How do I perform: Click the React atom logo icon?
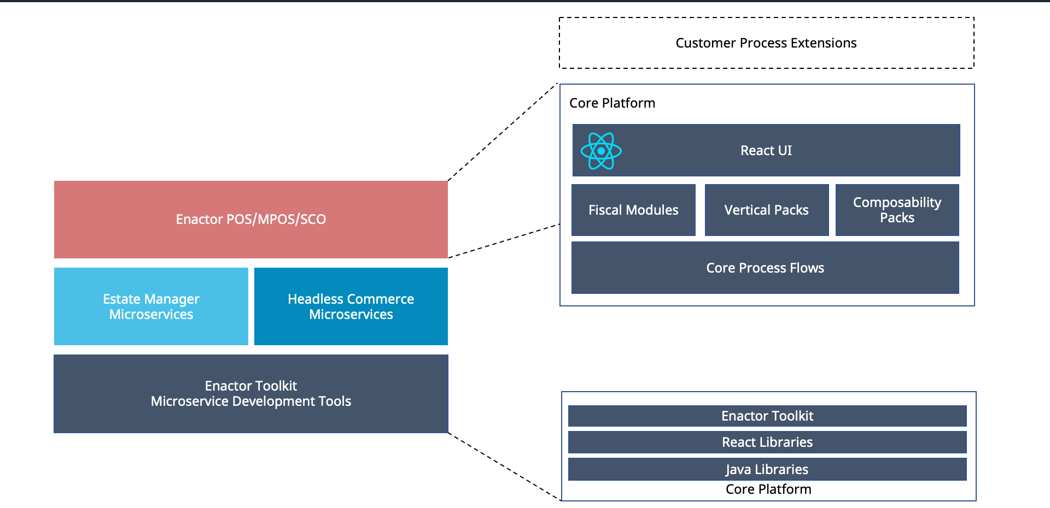tap(601, 151)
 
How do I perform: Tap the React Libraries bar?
tap(767, 442)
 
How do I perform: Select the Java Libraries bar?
tap(767, 469)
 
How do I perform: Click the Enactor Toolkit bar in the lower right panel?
tap(767, 416)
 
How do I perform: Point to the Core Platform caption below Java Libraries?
tap(768, 489)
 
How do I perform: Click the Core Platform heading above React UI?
tap(612, 103)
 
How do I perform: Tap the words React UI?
tap(766, 151)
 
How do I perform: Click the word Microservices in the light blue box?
tap(151, 315)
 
